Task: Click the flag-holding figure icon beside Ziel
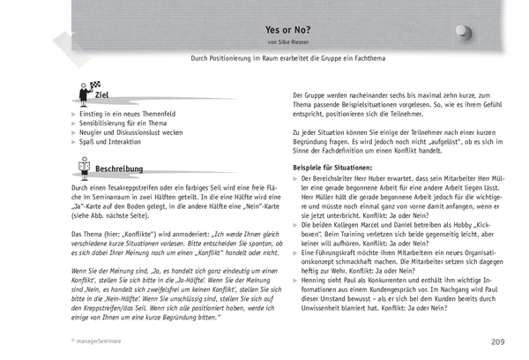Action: (84, 91)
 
